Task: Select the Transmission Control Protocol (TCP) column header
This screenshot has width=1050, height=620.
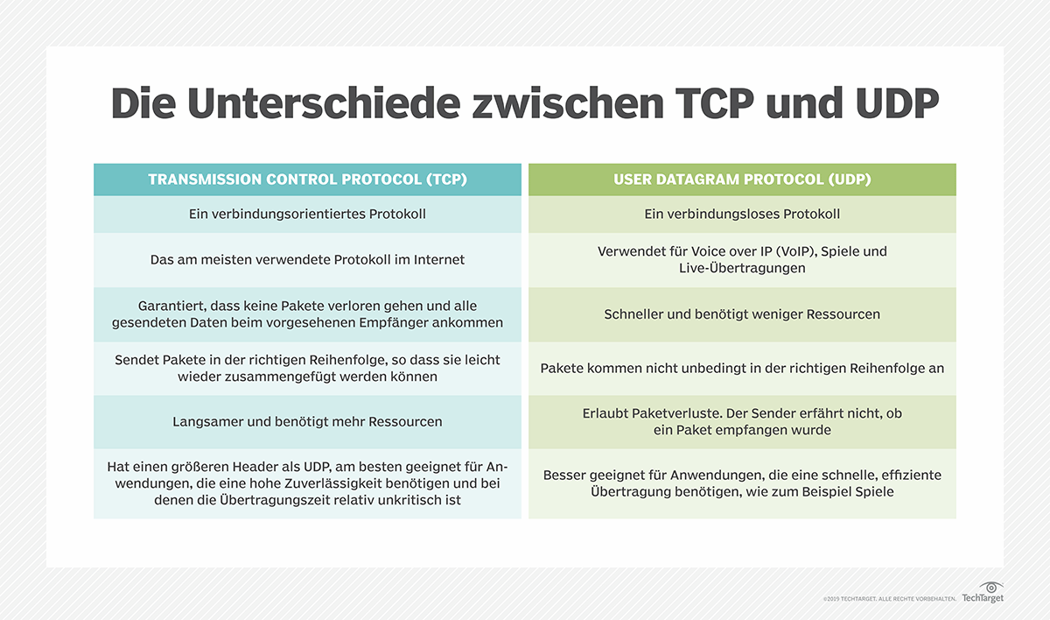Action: pyautogui.click(x=307, y=180)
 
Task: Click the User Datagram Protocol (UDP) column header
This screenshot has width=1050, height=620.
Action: pyautogui.click(x=742, y=180)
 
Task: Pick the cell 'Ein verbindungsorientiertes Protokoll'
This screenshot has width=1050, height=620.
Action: pyautogui.click(x=307, y=214)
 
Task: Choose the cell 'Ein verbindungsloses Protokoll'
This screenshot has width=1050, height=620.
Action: pyautogui.click(x=742, y=214)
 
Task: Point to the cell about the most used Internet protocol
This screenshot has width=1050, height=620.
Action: pyautogui.click(x=307, y=259)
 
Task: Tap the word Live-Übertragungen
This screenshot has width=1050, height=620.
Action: pyautogui.click(x=742, y=268)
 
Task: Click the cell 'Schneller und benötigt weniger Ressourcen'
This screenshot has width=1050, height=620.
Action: pyautogui.click(x=742, y=314)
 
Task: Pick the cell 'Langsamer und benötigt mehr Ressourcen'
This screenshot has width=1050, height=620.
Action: pyautogui.click(x=307, y=421)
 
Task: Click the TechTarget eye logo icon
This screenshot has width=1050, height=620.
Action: pyautogui.click(x=990, y=587)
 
